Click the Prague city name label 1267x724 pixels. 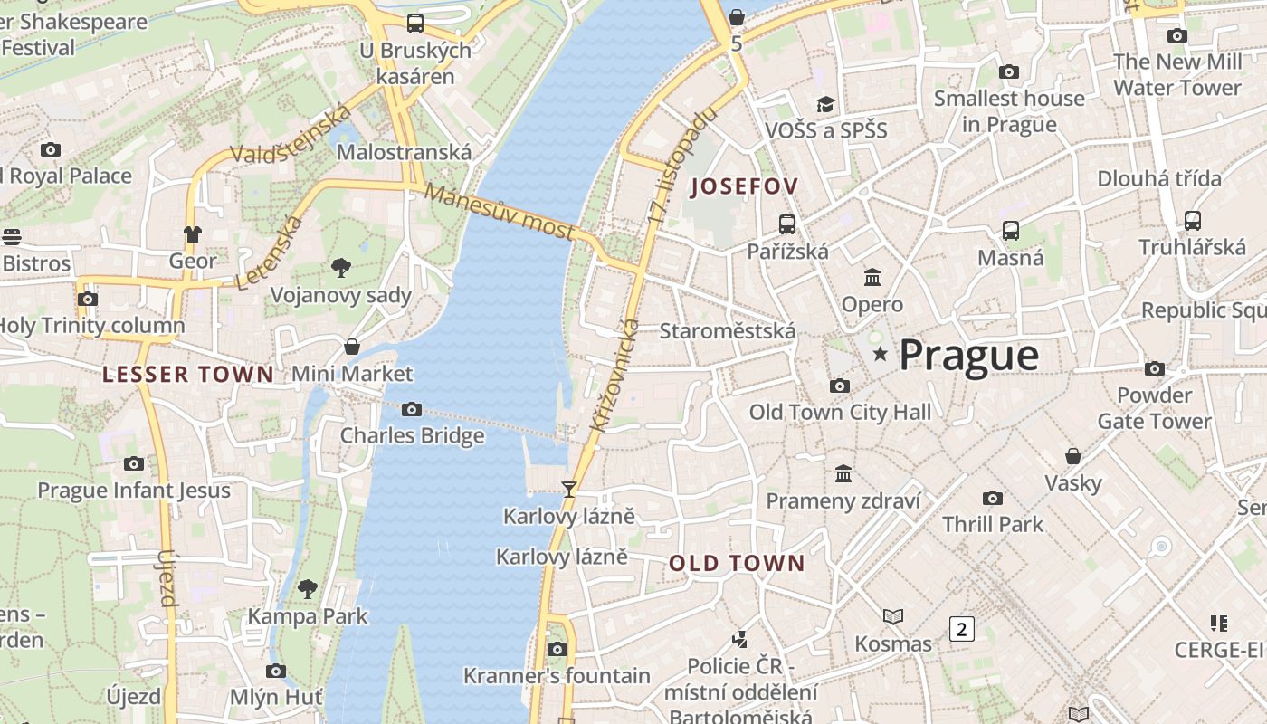pos(969,356)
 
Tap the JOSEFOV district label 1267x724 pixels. pos(744,187)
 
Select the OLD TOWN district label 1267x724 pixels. pos(737,564)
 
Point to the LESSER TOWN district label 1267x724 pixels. pos(188,375)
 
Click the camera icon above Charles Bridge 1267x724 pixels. pos(412,410)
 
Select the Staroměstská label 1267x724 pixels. pos(728,331)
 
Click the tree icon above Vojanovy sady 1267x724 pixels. pos(341,267)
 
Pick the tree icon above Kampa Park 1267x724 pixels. pos(308,589)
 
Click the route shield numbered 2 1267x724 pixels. pos(961,629)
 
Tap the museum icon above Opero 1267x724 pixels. pos(872,277)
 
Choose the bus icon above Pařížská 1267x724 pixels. pos(787,224)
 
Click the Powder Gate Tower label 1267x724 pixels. pos(1154,408)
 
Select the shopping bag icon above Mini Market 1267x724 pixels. pos(352,347)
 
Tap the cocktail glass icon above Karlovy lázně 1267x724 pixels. pos(569,490)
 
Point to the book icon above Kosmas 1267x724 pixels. pos(893,616)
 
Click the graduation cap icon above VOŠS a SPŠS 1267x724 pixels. pos(825,103)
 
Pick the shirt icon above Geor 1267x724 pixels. pos(192,233)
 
